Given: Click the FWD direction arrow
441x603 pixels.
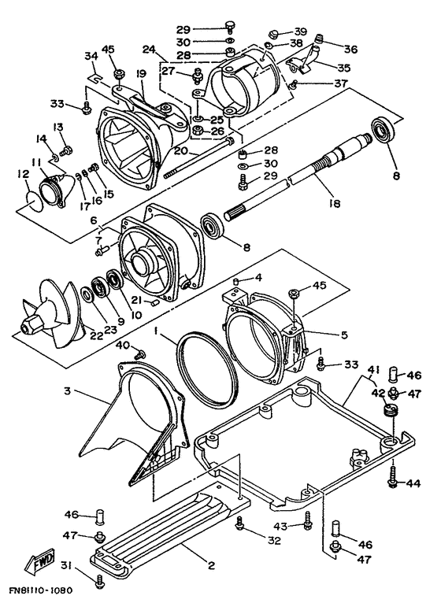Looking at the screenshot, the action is [39, 560].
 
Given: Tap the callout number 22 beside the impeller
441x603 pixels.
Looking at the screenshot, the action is [96, 335].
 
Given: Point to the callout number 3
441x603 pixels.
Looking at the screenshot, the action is [68, 391].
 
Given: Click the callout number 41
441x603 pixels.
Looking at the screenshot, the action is [373, 370].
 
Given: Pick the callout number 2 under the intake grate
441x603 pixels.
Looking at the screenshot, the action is [210, 565].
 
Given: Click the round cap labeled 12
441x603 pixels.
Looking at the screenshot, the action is [33, 199].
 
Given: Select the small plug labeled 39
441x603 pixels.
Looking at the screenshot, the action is [274, 35].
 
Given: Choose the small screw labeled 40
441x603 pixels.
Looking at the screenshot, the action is [140, 352].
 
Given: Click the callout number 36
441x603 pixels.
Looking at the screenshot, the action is [351, 50].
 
